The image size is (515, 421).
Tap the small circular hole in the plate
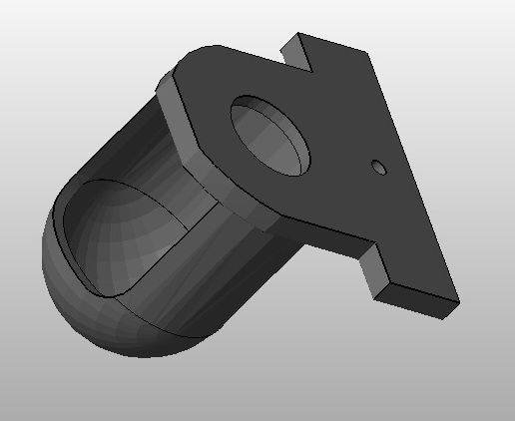click(x=378, y=167)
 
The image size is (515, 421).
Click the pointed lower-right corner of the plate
click(x=456, y=299)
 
